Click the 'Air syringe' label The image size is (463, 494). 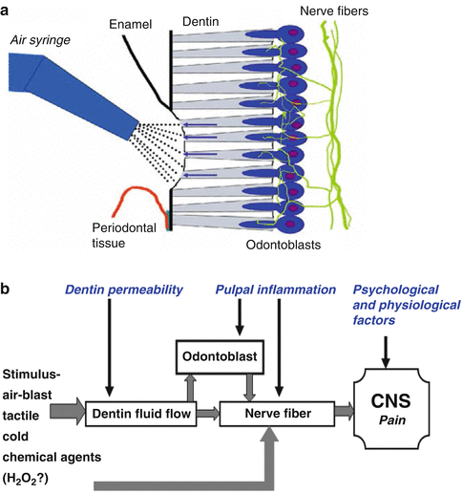point(44,39)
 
